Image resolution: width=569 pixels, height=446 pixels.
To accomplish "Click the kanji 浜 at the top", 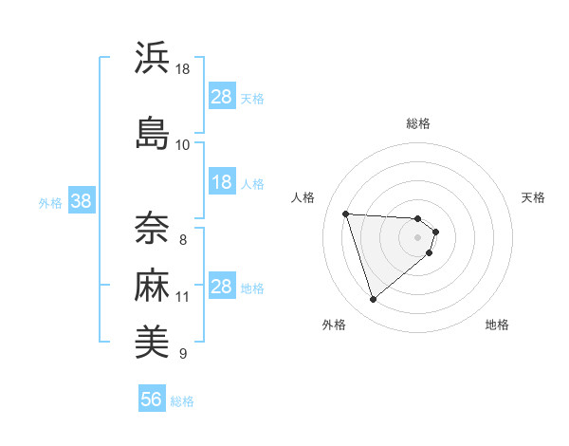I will [x=153, y=58].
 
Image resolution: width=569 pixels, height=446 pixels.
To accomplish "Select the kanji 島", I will [x=153, y=132].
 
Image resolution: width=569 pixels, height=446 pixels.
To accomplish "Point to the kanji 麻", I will [x=153, y=286].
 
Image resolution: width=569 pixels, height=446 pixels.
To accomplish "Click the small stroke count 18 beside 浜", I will [x=183, y=69].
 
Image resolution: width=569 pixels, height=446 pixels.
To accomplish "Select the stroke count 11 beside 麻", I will [x=183, y=297].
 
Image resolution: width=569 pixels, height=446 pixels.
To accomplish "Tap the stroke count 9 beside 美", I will [x=183, y=354].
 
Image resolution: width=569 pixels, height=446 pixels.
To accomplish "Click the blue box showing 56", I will [x=152, y=400].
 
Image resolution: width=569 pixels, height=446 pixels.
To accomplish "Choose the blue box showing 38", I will [x=81, y=201].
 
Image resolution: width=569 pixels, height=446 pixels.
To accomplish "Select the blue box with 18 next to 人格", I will [x=221, y=182].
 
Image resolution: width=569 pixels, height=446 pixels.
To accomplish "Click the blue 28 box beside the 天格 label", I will [x=221, y=97].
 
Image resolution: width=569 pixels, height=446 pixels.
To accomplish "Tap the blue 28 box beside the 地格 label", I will [x=221, y=287].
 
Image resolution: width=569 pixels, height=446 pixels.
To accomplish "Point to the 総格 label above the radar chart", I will [x=418, y=123].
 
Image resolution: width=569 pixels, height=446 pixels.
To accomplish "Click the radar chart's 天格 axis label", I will [x=533, y=197].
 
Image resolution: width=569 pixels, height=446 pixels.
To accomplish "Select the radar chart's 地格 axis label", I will [x=497, y=325].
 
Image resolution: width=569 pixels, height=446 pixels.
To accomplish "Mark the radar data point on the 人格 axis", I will [x=346, y=214].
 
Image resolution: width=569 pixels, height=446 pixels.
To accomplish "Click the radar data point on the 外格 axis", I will [x=373, y=300].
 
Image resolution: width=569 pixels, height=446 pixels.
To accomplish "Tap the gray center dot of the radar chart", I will [x=418, y=237].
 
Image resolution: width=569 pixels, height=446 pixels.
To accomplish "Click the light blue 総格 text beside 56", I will [x=182, y=401].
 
